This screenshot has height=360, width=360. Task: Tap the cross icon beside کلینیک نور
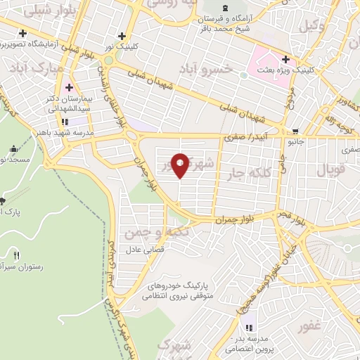click(x=122, y=36)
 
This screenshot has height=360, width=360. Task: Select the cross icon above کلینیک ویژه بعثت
click(x=285, y=59)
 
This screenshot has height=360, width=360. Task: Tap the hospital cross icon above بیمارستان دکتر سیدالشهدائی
click(x=69, y=88)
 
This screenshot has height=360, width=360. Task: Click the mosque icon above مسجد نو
click(x=14, y=149)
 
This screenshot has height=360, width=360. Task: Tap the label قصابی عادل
click(x=143, y=250)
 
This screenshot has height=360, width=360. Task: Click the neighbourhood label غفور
click(x=309, y=326)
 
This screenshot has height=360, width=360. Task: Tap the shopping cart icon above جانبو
click(x=295, y=131)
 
